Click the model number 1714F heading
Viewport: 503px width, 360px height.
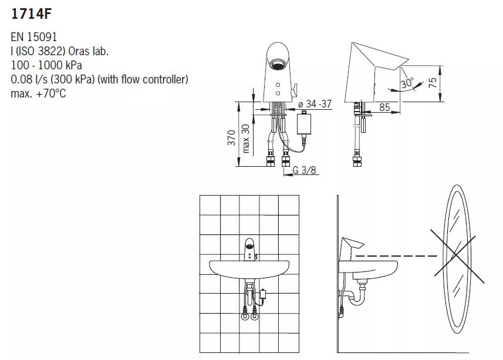pyautogui.click(x=31, y=14)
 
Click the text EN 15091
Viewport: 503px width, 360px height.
pyautogui.click(x=33, y=37)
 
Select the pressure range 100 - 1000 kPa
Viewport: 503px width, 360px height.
pyautogui.click(x=46, y=65)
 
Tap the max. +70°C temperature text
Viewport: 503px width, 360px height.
pyautogui.click(x=38, y=93)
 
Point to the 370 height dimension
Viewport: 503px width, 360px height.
pyautogui.click(x=232, y=137)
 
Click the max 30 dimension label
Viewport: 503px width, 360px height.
pyautogui.click(x=245, y=138)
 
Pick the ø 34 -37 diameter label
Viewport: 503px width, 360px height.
pyautogui.click(x=315, y=103)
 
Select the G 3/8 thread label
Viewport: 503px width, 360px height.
pyautogui.click(x=304, y=170)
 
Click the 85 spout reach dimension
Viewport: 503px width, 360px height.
pyautogui.click(x=384, y=107)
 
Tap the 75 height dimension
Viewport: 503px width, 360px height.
pyautogui.click(x=433, y=83)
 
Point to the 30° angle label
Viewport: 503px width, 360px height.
pyautogui.click(x=407, y=83)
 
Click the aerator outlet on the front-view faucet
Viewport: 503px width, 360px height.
pyautogui.click(x=277, y=64)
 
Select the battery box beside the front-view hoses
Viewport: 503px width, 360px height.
pyautogui.click(x=304, y=123)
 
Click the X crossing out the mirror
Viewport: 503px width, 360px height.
pyautogui.click(x=457, y=255)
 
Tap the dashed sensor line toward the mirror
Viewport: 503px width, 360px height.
pyautogui.click(x=397, y=256)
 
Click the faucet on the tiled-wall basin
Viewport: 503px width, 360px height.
pyautogui.click(x=250, y=250)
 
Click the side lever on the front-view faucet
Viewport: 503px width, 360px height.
pyautogui.click(x=293, y=89)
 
